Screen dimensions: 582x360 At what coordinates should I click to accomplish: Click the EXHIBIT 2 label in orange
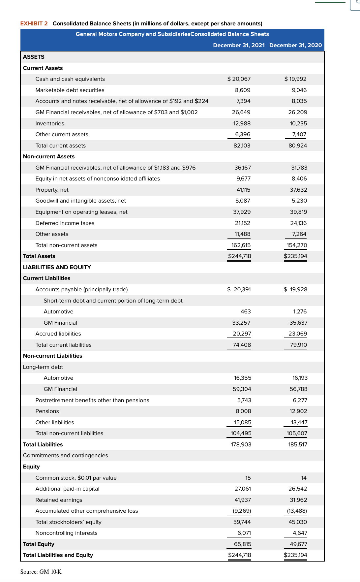(x=34, y=23)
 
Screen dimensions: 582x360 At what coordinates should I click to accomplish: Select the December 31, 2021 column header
(x=239, y=45)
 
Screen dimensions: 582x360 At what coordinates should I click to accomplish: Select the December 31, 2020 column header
(x=295, y=45)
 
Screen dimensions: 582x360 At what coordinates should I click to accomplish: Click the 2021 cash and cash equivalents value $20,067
(x=239, y=79)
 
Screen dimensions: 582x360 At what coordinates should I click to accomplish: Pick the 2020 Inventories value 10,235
(x=298, y=123)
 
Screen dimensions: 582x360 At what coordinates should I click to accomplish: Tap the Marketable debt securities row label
(x=70, y=90)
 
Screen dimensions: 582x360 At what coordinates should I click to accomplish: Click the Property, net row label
(x=52, y=190)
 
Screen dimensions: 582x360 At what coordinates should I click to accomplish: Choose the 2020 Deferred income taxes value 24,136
(x=298, y=223)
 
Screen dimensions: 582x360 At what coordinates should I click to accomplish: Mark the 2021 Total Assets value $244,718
(x=239, y=256)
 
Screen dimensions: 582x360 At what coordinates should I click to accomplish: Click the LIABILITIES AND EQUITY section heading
(x=57, y=267)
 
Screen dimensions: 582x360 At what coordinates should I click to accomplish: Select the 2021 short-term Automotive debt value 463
(x=246, y=311)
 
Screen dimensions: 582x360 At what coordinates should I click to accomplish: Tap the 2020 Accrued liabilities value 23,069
(x=297, y=334)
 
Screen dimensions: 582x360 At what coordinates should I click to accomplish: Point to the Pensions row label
(x=47, y=411)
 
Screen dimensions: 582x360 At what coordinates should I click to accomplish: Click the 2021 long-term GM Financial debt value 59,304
(x=242, y=389)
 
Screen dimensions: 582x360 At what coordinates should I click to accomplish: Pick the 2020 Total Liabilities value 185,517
(x=298, y=444)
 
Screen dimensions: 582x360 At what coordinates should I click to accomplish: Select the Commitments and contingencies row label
(x=66, y=455)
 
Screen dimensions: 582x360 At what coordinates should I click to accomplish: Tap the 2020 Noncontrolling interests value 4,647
(x=300, y=533)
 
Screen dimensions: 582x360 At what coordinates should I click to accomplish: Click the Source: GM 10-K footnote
(x=41, y=572)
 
